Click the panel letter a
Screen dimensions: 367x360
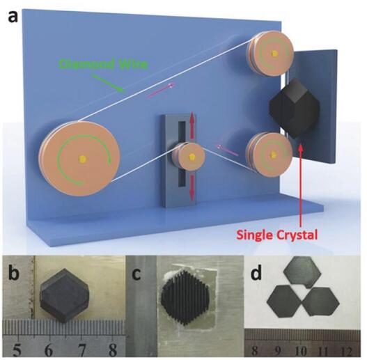(x=13, y=17)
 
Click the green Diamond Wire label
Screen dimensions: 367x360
(x=104, y=64)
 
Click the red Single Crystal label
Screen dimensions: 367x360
(x=277, y=234)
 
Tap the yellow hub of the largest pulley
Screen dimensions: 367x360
(x=82, y=159)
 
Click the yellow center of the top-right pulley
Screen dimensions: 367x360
(x=274, y=54)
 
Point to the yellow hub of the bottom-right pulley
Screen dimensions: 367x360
(x=273, y=154)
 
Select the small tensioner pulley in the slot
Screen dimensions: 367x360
(x=190, y=156)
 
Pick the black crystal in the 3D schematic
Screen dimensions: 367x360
(x=295, y=109)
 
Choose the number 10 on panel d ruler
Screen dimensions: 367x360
(x=301, y=351)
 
